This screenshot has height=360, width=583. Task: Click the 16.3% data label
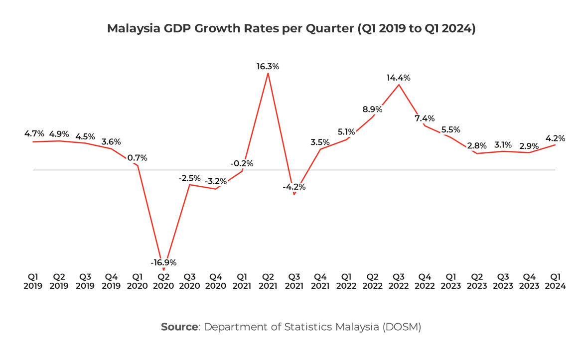(268, 66)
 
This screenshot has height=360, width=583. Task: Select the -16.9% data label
(163, 262)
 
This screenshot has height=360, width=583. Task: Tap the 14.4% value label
(399, 78)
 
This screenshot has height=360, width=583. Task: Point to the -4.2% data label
(294, 187)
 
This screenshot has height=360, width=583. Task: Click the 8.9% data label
(373, 110)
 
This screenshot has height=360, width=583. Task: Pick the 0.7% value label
(137, 158)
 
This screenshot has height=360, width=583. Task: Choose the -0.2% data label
(242, 163)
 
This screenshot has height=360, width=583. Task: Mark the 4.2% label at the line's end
(555, 137)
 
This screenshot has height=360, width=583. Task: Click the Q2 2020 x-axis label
(163, 281)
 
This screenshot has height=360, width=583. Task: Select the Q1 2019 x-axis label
(33, 281)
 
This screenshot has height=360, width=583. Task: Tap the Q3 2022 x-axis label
(399, 281)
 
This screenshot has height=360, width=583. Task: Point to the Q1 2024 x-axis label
(555, 281)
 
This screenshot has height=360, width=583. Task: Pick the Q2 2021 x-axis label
(268, 281)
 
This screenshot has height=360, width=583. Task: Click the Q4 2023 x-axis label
(529, 281)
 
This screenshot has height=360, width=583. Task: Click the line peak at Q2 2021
(268, 74)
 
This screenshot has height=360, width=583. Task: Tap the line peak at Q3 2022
(399, 85)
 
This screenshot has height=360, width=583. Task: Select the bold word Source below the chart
(179, 327)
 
